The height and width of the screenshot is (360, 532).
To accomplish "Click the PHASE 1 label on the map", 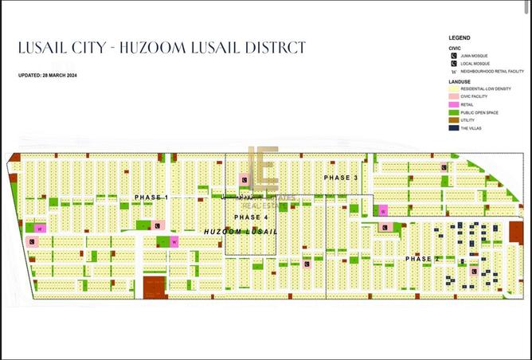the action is click(x=151, y=197).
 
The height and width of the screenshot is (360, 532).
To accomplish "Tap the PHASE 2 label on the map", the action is click(x=423, y=259).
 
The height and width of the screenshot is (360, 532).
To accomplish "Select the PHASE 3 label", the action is click(x=341, y=177).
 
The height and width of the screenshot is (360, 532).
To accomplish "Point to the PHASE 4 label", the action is click(x=252, y=217).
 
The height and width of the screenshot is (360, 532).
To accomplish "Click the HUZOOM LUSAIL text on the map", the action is click(x=241, y=231).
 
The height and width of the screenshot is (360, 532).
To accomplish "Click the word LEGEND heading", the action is click(x=460, y=37).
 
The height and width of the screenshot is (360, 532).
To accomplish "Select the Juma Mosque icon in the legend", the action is click(x=452, y=56).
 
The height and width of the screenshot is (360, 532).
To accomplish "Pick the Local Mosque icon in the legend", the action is click(x=452, y=63).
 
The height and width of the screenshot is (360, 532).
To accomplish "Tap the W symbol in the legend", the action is click(x=452, y=71).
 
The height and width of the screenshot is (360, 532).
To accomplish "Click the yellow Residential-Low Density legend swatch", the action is click(x=452, y=88).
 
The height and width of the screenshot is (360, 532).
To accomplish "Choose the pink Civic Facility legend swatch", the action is click(x=452, y=96).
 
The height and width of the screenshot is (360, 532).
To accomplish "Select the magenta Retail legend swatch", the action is click(x=452, y=104).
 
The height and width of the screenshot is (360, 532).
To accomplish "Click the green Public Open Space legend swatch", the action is click(x=452, y=112).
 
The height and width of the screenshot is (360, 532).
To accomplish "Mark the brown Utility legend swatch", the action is click(x=452, y=120).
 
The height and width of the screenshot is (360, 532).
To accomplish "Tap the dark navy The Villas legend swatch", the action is click(x=452, y=128).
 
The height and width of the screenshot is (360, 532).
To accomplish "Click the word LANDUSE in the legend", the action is click(x=460, y=80).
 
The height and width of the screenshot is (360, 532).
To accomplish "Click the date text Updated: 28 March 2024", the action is click(x=49, y=76).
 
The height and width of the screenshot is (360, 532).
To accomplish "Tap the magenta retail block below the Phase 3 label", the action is click(x=383, y=210).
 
